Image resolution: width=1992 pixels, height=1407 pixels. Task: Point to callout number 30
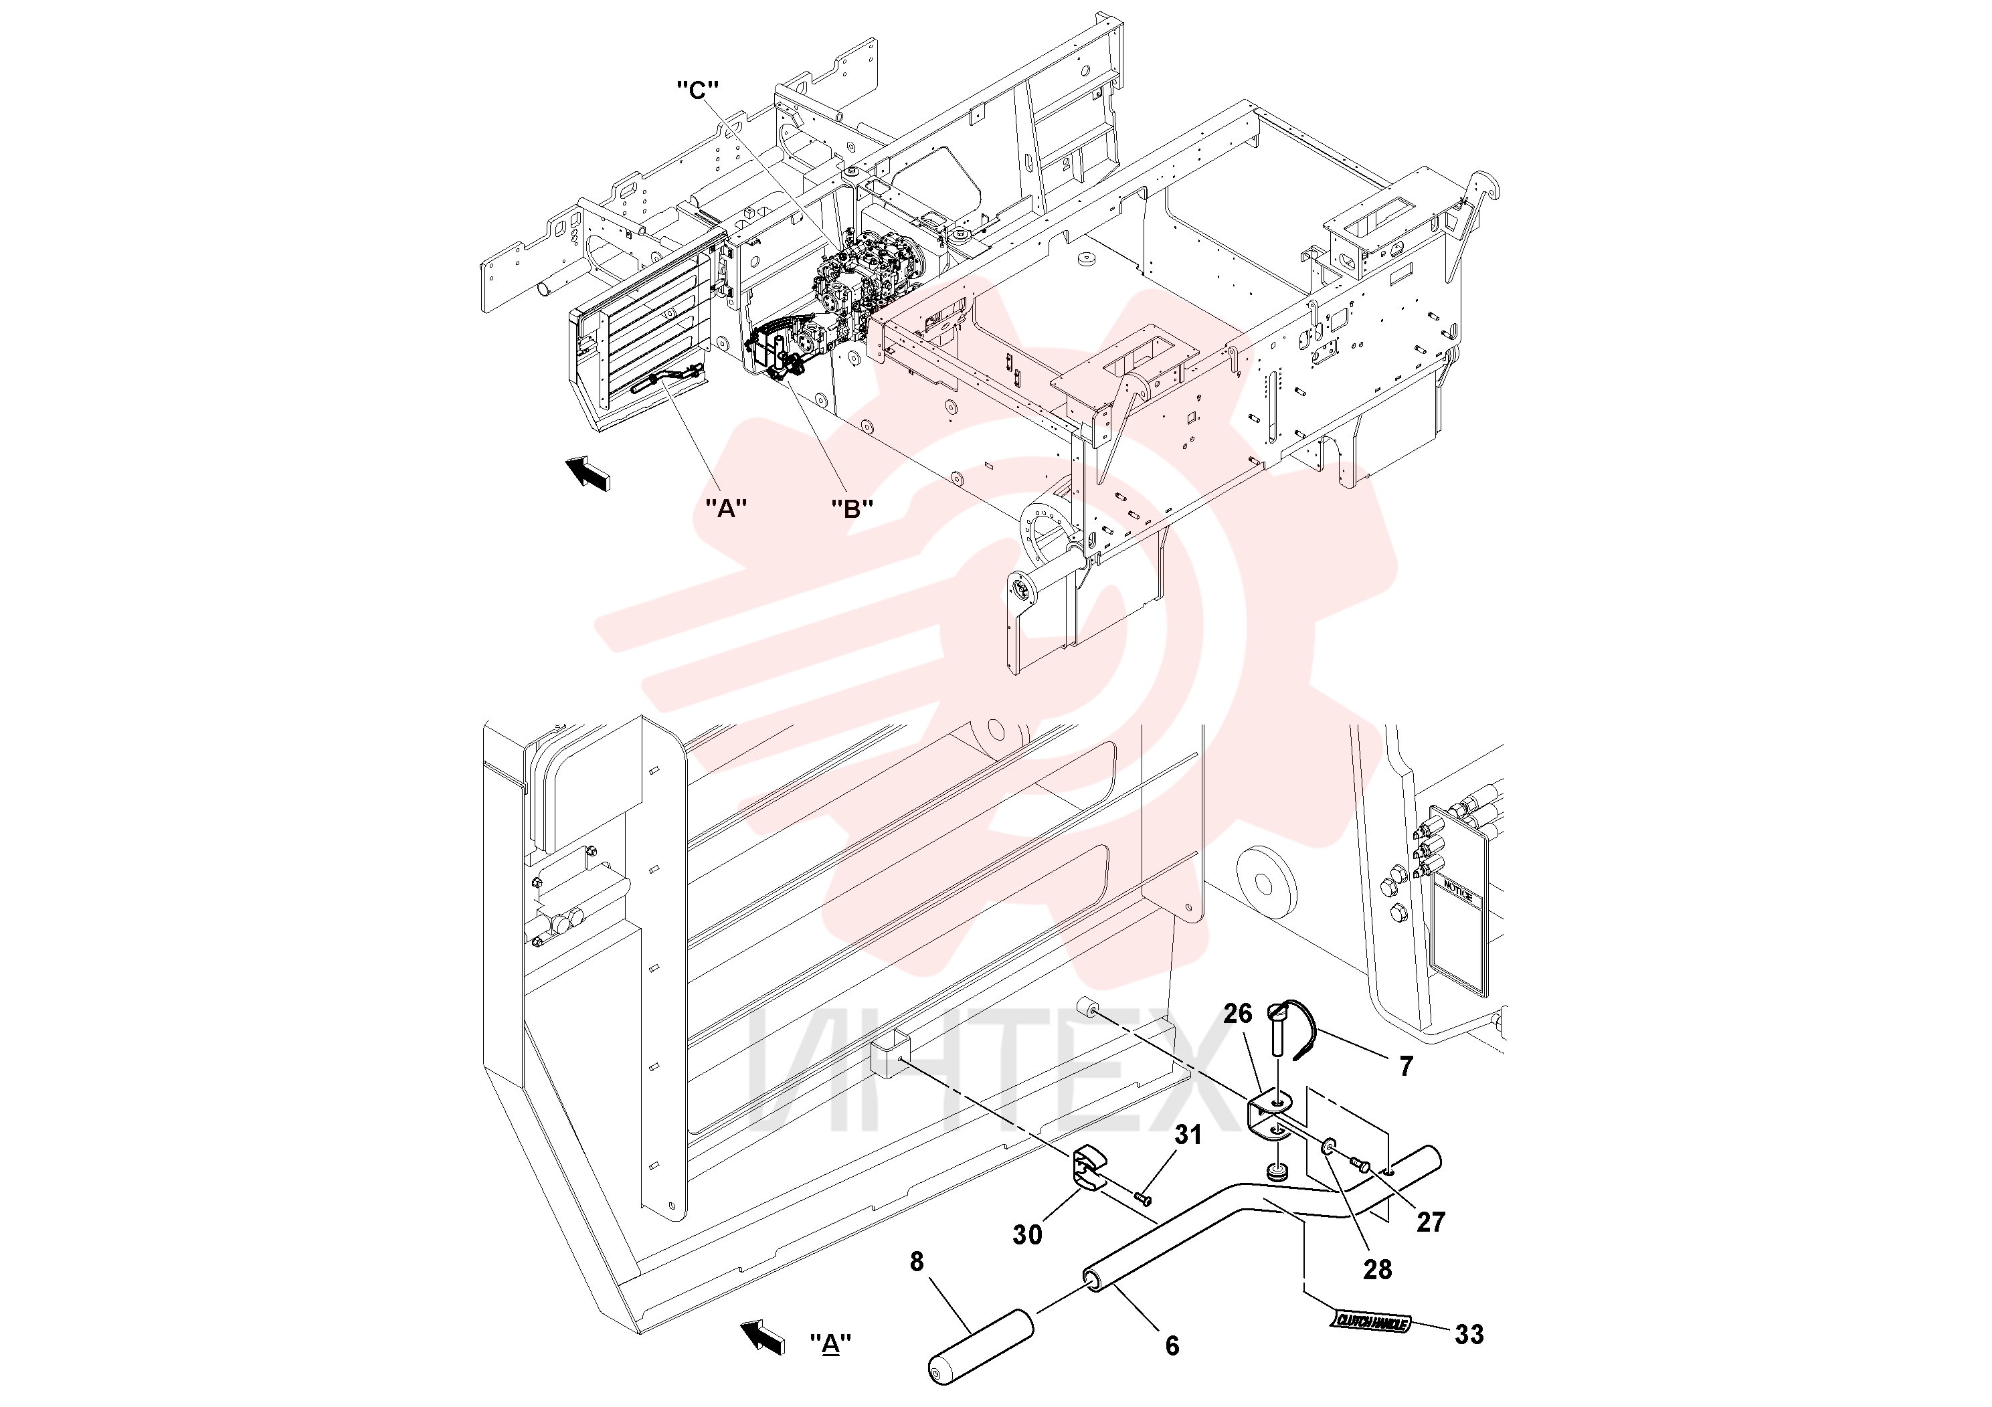1027,1234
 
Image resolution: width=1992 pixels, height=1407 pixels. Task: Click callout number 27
1431,1222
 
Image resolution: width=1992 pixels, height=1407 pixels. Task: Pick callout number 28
1377,1270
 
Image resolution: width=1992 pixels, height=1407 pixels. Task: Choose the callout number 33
1469,1334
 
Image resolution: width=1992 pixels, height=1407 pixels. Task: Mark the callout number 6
1172,1346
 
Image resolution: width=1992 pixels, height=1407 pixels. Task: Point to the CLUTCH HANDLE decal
1372,1322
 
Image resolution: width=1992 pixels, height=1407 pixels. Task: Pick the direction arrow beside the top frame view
587,474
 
